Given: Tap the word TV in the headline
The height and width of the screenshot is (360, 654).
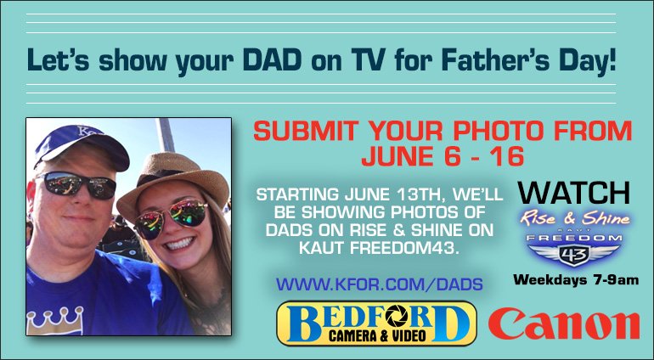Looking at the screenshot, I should (x=373, y=61).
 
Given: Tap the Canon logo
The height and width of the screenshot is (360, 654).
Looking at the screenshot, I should (x=564, y=324).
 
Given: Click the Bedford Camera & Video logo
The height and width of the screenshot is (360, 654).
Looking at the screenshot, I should (x=375, y=323).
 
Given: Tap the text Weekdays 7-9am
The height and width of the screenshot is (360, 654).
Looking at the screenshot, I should (x=576, y=279).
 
